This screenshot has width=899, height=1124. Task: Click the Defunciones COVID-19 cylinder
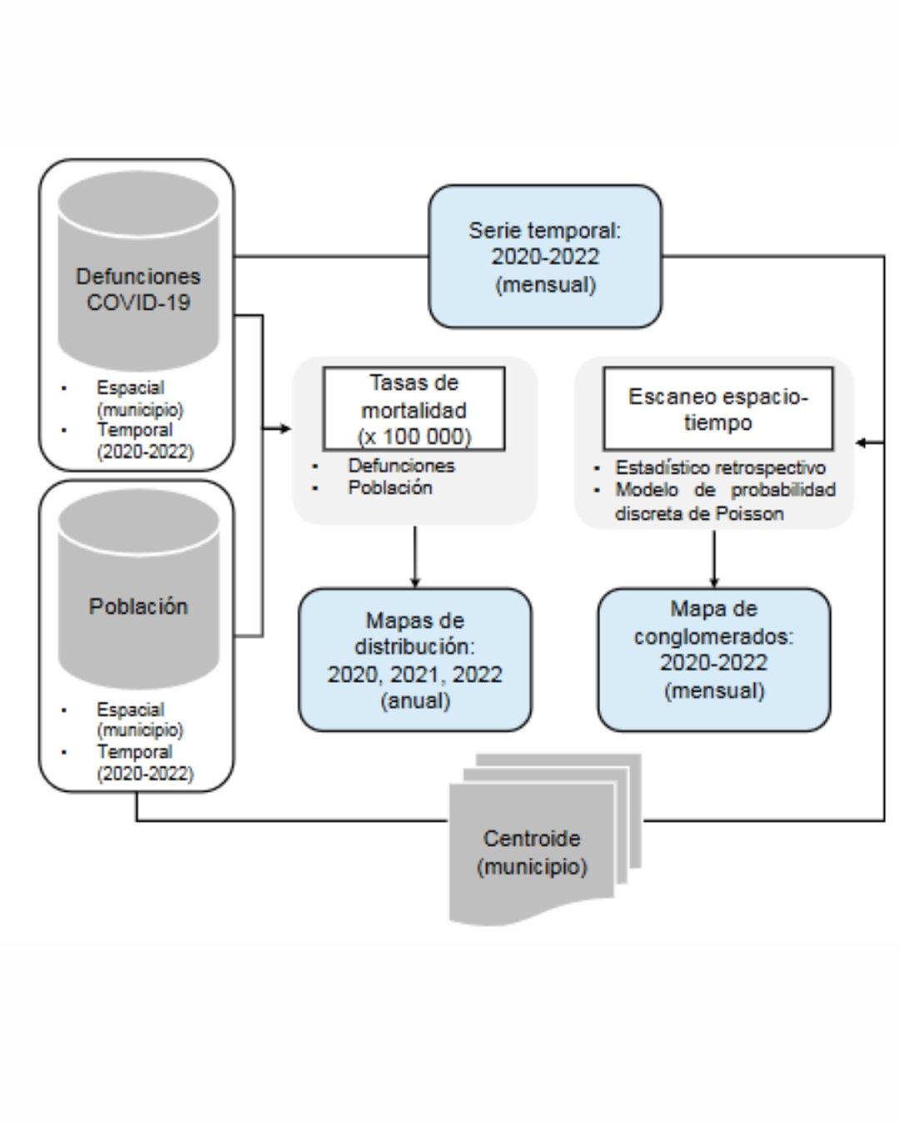138,271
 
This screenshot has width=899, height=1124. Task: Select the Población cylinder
138,589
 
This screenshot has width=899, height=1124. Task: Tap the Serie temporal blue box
545,256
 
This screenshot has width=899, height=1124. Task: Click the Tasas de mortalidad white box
415,409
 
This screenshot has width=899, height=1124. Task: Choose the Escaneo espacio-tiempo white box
718,409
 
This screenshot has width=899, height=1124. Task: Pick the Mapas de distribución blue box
415,659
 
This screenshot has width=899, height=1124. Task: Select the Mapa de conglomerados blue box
714,659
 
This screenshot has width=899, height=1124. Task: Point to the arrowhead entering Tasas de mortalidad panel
286,429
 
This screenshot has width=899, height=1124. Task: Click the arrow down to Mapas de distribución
415,557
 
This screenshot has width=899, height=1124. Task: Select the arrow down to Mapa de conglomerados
714,560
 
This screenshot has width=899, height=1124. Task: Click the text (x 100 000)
415,436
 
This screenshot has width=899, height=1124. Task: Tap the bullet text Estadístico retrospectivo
720,467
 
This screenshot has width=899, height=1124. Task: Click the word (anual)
415,700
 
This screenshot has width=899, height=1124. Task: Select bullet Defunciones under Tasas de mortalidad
402,465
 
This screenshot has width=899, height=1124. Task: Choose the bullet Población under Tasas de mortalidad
390,487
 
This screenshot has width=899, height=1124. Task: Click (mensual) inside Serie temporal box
545,285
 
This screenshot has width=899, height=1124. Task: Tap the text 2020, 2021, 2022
415,674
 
